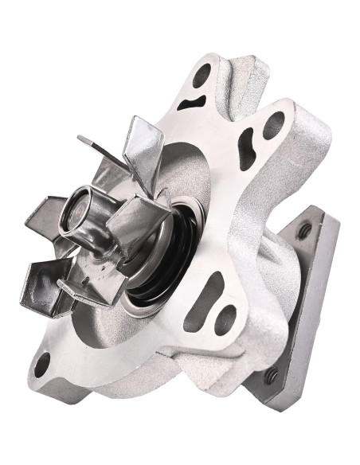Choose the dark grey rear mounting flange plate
click(307, 303)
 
